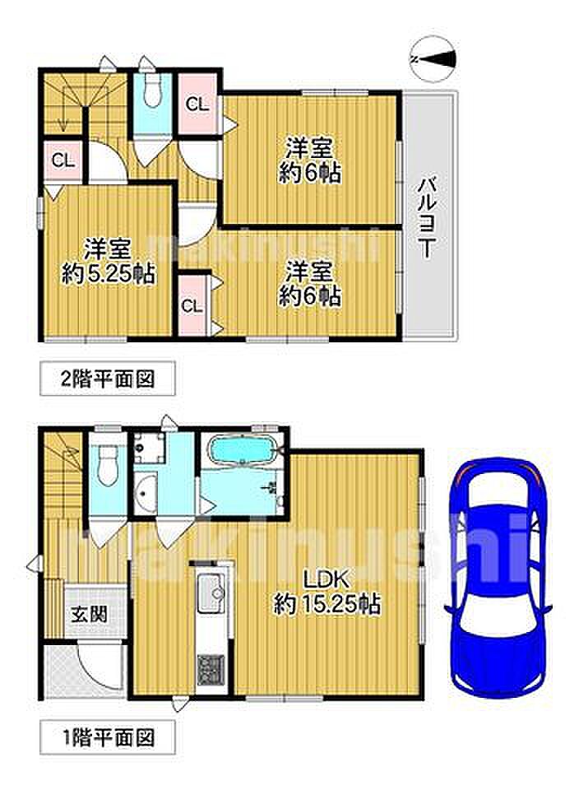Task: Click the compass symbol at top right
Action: click(433, 59)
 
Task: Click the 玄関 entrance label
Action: click(89, 615)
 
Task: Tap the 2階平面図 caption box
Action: click(108, 379)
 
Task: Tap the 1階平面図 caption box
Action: click(108, 738)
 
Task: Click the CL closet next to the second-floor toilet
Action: click(197, 104)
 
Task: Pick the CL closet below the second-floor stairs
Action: click(63, 161)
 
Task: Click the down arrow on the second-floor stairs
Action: click(63, 109)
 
